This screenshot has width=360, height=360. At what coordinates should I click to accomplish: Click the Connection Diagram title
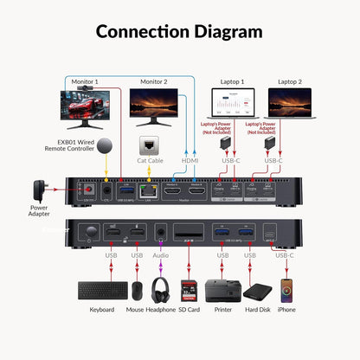tap(179, 32)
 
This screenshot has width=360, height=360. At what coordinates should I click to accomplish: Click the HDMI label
tap(190, 161)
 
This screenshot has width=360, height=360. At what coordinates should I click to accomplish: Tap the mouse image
tap(136, 291)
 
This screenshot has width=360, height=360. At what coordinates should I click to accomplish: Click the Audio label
tap(159, 256)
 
